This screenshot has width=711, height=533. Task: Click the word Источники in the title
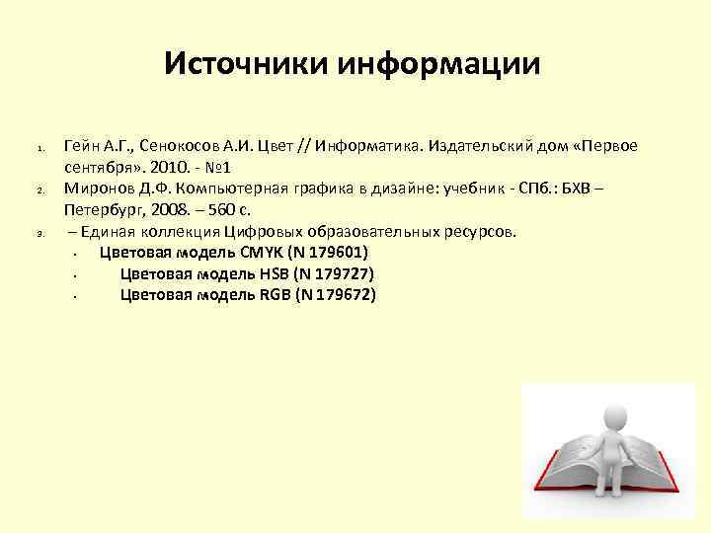pyautogui.click(x=247, y=65)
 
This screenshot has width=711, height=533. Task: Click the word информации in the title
pyautogui.click(x=440, y=65)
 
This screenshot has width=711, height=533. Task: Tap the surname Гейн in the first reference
pyautogui.click(x=83, y=146)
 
